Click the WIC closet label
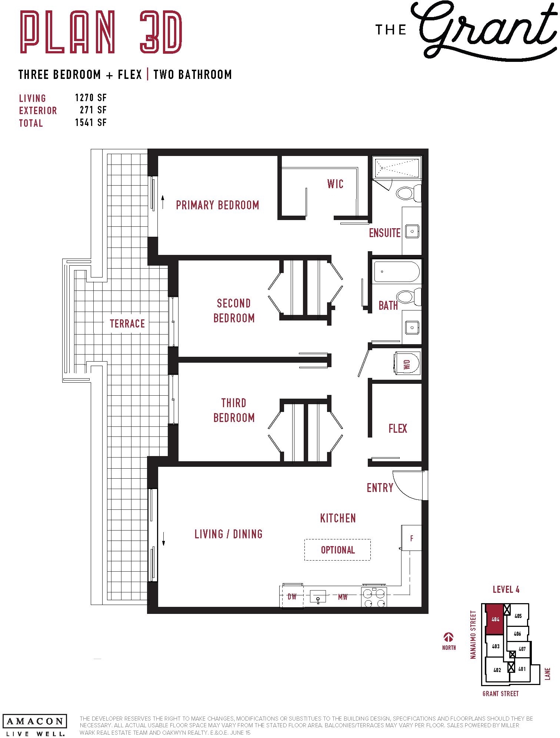coord(335,184)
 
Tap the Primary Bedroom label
coord(217,205)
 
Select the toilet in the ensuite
coord(409,193)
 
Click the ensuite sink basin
coord(412,231)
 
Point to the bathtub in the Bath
coord(396,272)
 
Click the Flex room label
coord(398,429)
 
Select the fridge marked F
coord(411,538)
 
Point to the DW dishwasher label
coord(292,596)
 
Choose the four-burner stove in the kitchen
coord(374,597)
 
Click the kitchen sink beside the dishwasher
coord(318,596)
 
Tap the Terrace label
coord(127,323)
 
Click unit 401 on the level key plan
coord(522,669)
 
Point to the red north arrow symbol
coord(449,637)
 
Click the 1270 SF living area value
coord(91,98)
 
